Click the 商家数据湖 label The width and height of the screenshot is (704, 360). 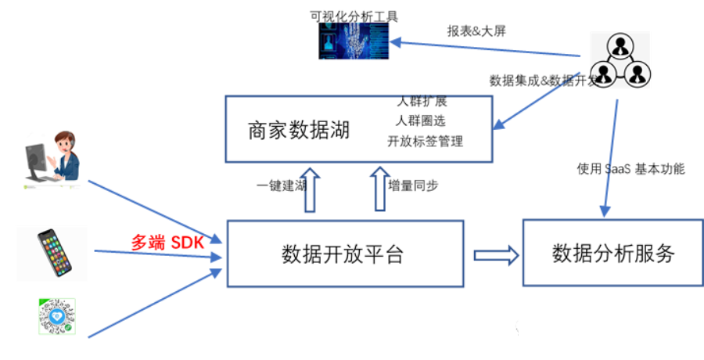click(299, 129)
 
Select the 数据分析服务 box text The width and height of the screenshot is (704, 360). click(613, 254)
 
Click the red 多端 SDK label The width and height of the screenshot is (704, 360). click(167, 243)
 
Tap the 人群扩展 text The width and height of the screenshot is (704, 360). click(422, 102)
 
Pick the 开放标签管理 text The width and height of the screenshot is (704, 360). click(425, 142)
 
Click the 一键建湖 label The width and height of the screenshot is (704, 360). click(281, 186)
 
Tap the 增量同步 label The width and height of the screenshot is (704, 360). click(413, 185)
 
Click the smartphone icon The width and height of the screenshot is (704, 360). click(55, 252)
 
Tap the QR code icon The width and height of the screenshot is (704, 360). click(56, 317)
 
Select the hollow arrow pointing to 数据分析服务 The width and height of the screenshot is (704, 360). click(495, 255)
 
